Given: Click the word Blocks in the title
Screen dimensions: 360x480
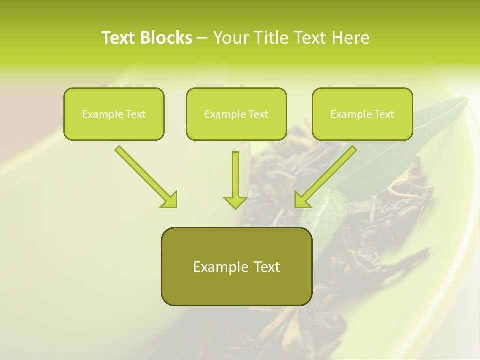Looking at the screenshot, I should [166, 38].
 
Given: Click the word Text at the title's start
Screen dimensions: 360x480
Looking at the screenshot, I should [119, 38].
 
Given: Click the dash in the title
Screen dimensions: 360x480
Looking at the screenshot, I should [202, 38].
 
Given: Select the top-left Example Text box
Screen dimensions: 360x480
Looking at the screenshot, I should [114, 114].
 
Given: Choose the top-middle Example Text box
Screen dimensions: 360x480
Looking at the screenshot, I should [236, 114].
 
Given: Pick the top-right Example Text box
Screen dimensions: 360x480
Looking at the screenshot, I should [362, 114].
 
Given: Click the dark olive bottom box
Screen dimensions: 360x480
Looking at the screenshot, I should [236, 266].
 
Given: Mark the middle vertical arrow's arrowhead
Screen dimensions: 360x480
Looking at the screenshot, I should [235, 202].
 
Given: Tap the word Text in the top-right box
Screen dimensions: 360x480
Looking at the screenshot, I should [384, 114].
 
